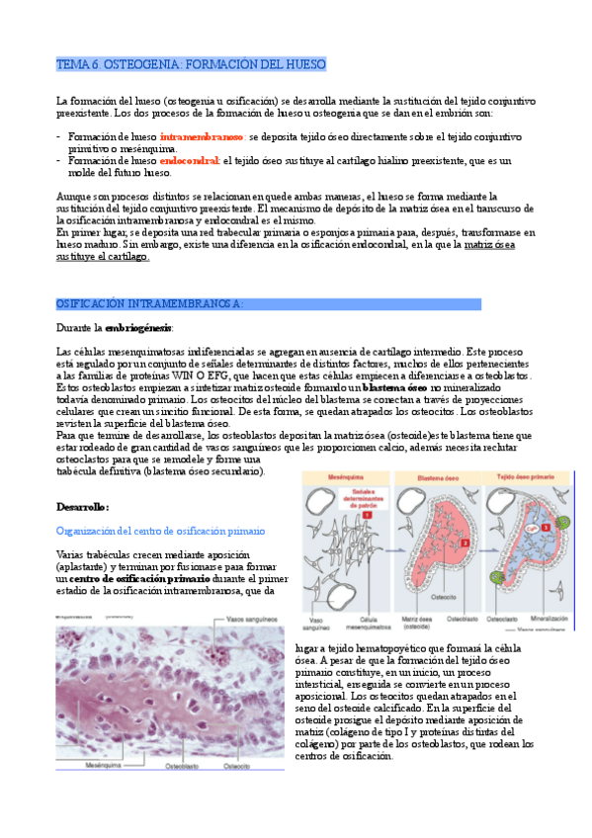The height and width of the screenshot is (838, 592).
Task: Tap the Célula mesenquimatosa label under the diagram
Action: click(362, 621)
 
